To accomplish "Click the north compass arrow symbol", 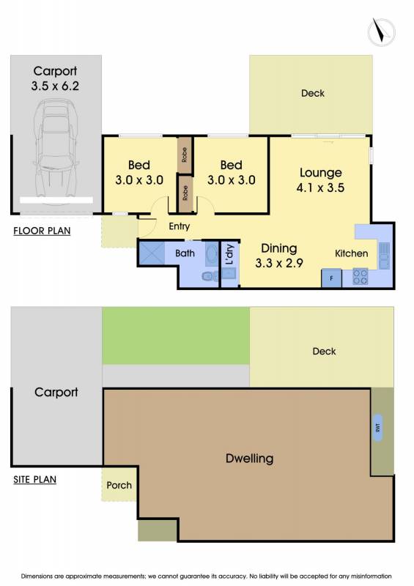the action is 381,31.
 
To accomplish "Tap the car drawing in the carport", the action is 56,152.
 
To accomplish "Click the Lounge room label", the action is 320,173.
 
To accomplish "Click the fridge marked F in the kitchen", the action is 331,278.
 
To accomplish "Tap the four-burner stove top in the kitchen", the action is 361,277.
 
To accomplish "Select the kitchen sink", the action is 384,256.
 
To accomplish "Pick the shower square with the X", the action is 152,253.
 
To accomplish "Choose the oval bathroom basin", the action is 211,255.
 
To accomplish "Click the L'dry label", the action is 229,254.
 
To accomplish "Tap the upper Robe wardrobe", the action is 185,155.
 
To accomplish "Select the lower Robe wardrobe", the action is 185,193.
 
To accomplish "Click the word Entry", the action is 179,226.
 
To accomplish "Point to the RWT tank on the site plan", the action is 377,428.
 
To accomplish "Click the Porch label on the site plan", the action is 119,485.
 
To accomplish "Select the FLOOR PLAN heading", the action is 42,231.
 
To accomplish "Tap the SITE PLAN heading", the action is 34,480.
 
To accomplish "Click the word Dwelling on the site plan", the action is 249,459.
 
